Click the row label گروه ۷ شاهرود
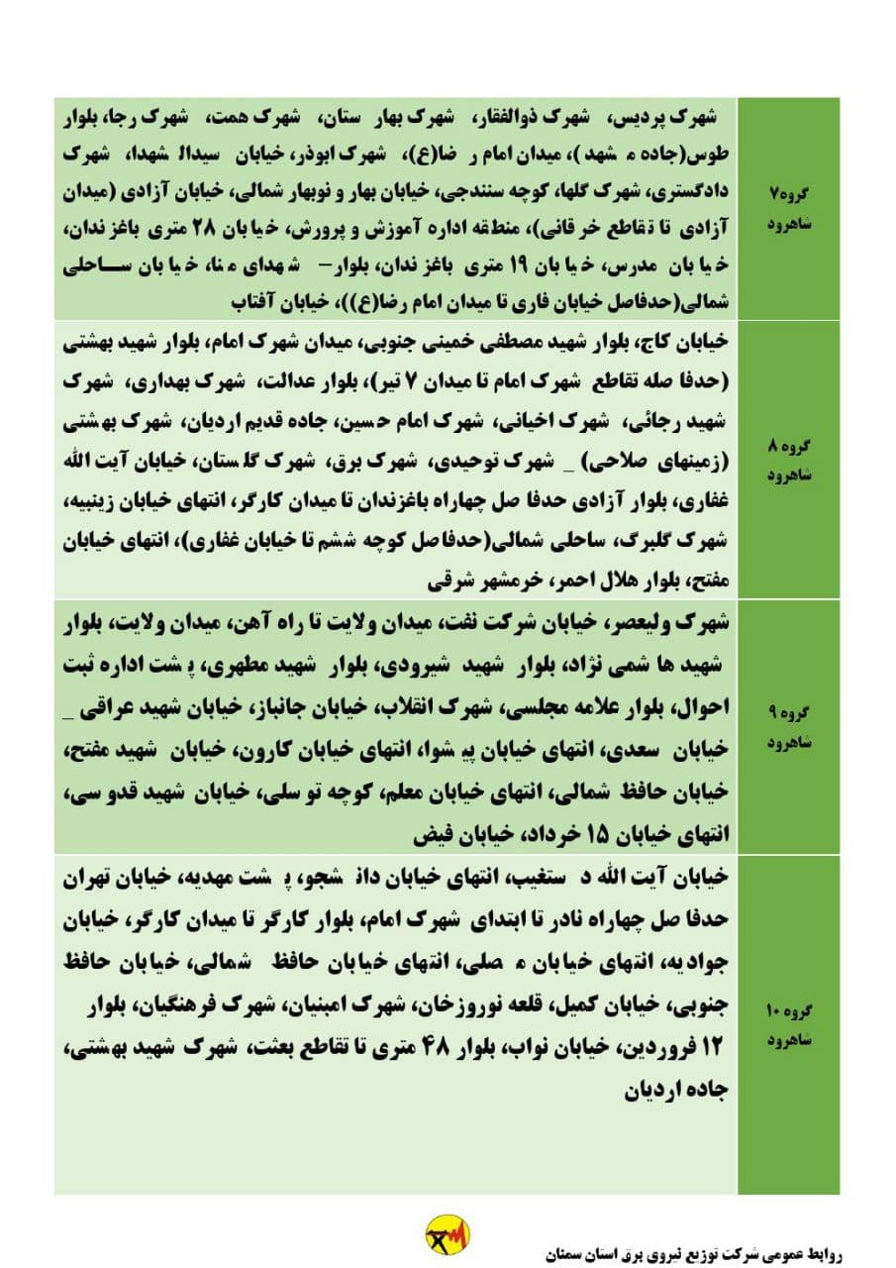pyautogui.click(x=790, y=207)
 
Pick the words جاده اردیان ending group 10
pyautogui.click(x=677, y=1092)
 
